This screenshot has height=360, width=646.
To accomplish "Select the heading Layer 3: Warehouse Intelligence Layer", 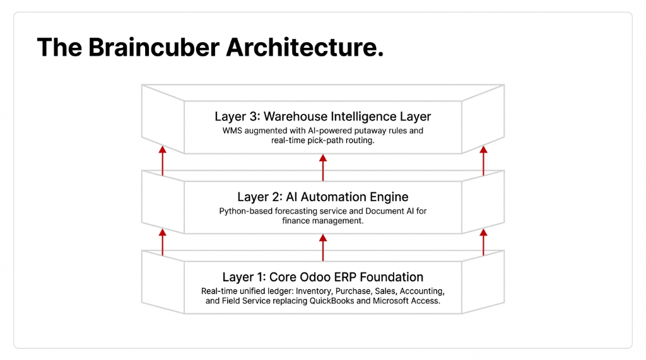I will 322,117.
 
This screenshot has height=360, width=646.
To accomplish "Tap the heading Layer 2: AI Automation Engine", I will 322,197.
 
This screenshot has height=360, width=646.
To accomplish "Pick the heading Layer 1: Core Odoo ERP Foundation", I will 322,277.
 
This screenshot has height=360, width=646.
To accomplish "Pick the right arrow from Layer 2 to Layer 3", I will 483,161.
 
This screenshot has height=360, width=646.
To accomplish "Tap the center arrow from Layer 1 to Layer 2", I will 323,247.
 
